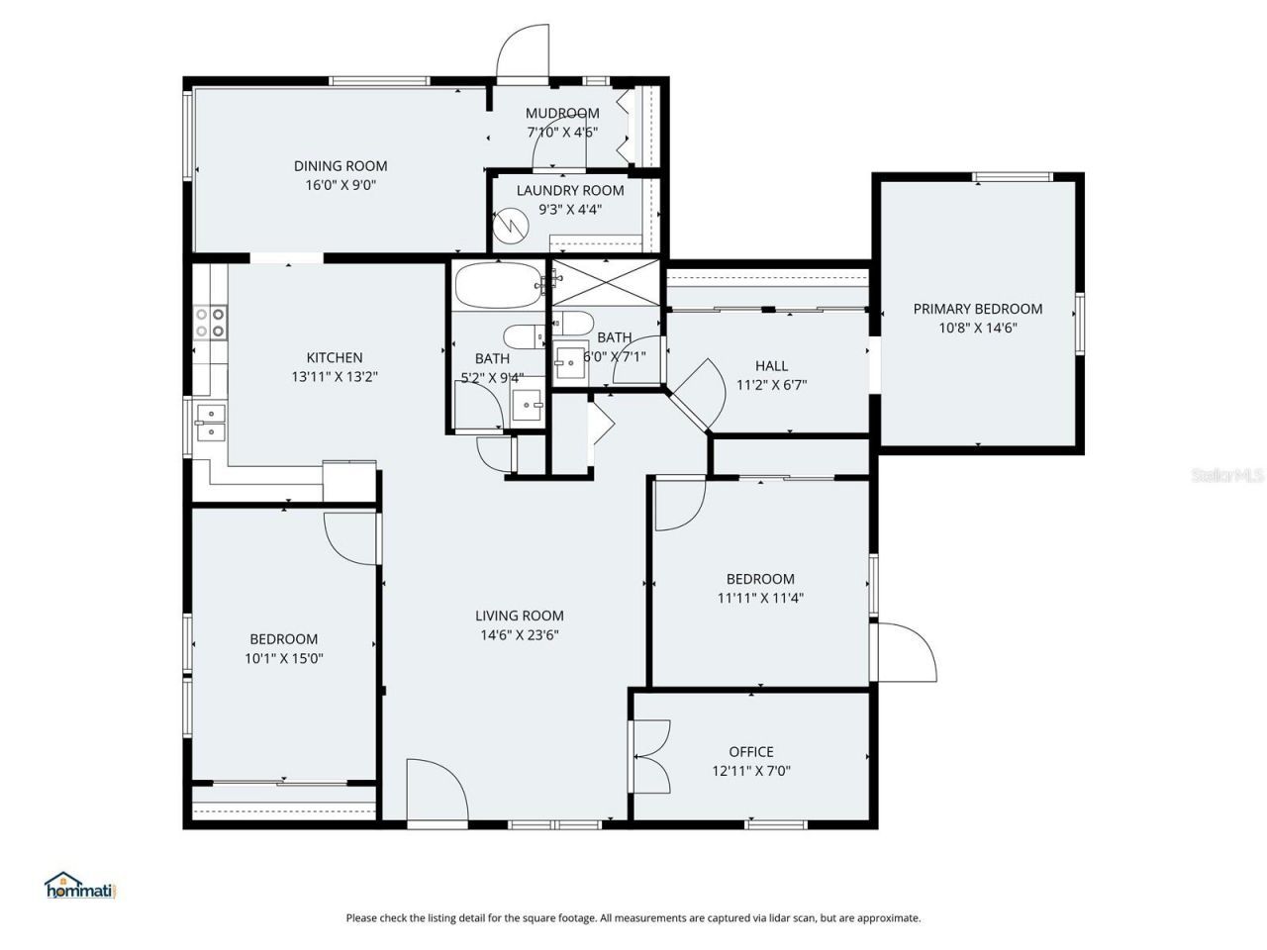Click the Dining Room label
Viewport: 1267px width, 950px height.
(340, 166)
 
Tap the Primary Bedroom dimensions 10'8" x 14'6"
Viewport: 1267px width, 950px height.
(978, 329)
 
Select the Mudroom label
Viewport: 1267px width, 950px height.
(562, 113)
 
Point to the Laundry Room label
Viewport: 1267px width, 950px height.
(570, 190)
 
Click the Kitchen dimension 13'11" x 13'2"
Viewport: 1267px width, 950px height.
(335, 377)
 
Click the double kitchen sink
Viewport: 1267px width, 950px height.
(210, 422)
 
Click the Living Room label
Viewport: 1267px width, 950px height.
(520, 616)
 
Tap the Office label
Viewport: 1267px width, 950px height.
(751, 752)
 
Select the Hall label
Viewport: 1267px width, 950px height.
(772, 366)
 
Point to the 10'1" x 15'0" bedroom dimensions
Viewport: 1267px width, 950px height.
(284, 658)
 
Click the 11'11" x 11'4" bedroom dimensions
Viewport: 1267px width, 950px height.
(760, 598)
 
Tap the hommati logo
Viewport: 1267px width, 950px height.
(81, 886)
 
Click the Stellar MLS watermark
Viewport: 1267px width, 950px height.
(1227, 476)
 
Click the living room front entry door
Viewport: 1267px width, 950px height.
(437, 792)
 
